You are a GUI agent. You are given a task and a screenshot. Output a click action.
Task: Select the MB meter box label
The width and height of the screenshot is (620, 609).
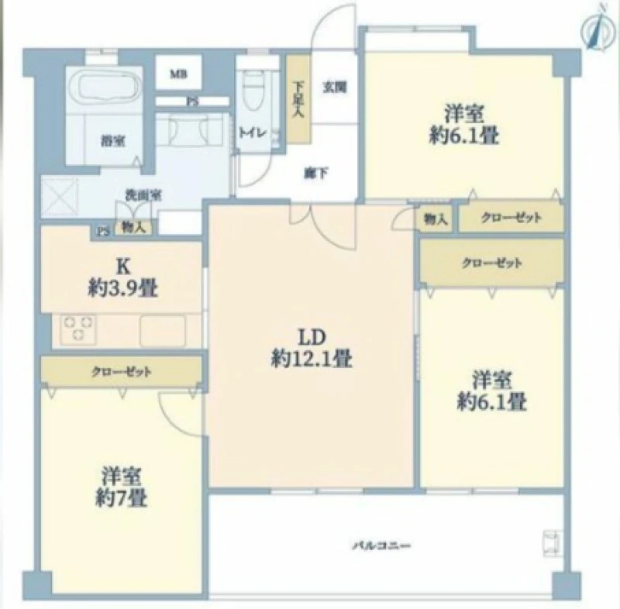(x=179, y=74)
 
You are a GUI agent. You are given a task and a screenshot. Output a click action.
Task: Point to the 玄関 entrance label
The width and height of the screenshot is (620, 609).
(x=335, y=87)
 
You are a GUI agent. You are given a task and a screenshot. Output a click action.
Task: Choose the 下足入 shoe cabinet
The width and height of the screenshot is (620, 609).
(x=298, y=100)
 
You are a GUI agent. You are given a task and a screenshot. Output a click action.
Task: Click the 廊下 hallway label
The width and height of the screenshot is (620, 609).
(x=316, y=173)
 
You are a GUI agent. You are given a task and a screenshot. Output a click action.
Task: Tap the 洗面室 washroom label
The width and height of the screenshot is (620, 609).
(x=143, y=194)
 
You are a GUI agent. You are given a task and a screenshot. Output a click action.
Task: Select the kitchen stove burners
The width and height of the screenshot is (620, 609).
(x=78, y=329)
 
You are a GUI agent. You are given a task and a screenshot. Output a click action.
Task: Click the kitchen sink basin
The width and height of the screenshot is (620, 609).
(x=163, y=330)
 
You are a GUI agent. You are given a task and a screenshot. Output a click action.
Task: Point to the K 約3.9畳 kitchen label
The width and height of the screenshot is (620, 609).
(x=123, y=277)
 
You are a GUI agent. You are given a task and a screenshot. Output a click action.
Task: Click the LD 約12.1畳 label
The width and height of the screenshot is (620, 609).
(x=312, y=348)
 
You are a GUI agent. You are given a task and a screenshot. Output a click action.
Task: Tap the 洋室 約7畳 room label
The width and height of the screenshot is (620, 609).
(x=122, y=487)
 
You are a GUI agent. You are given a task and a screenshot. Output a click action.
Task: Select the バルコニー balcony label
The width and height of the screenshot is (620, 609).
(x=381, y=546)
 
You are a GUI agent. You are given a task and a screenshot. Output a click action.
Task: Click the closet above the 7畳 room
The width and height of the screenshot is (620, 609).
(x=121, y=371)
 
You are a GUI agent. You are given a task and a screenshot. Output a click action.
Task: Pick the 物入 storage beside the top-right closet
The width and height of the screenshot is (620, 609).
(x=435, y=218)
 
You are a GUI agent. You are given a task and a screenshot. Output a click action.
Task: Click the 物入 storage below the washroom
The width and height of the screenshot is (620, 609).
(x=133, y=227)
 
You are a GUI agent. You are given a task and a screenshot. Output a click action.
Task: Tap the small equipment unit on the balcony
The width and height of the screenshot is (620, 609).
(x=553, y=543)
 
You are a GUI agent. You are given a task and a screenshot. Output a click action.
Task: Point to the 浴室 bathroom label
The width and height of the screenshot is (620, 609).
(x=113, y=140)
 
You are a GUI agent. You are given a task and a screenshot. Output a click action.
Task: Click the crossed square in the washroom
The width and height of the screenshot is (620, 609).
(x=60, y=198)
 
